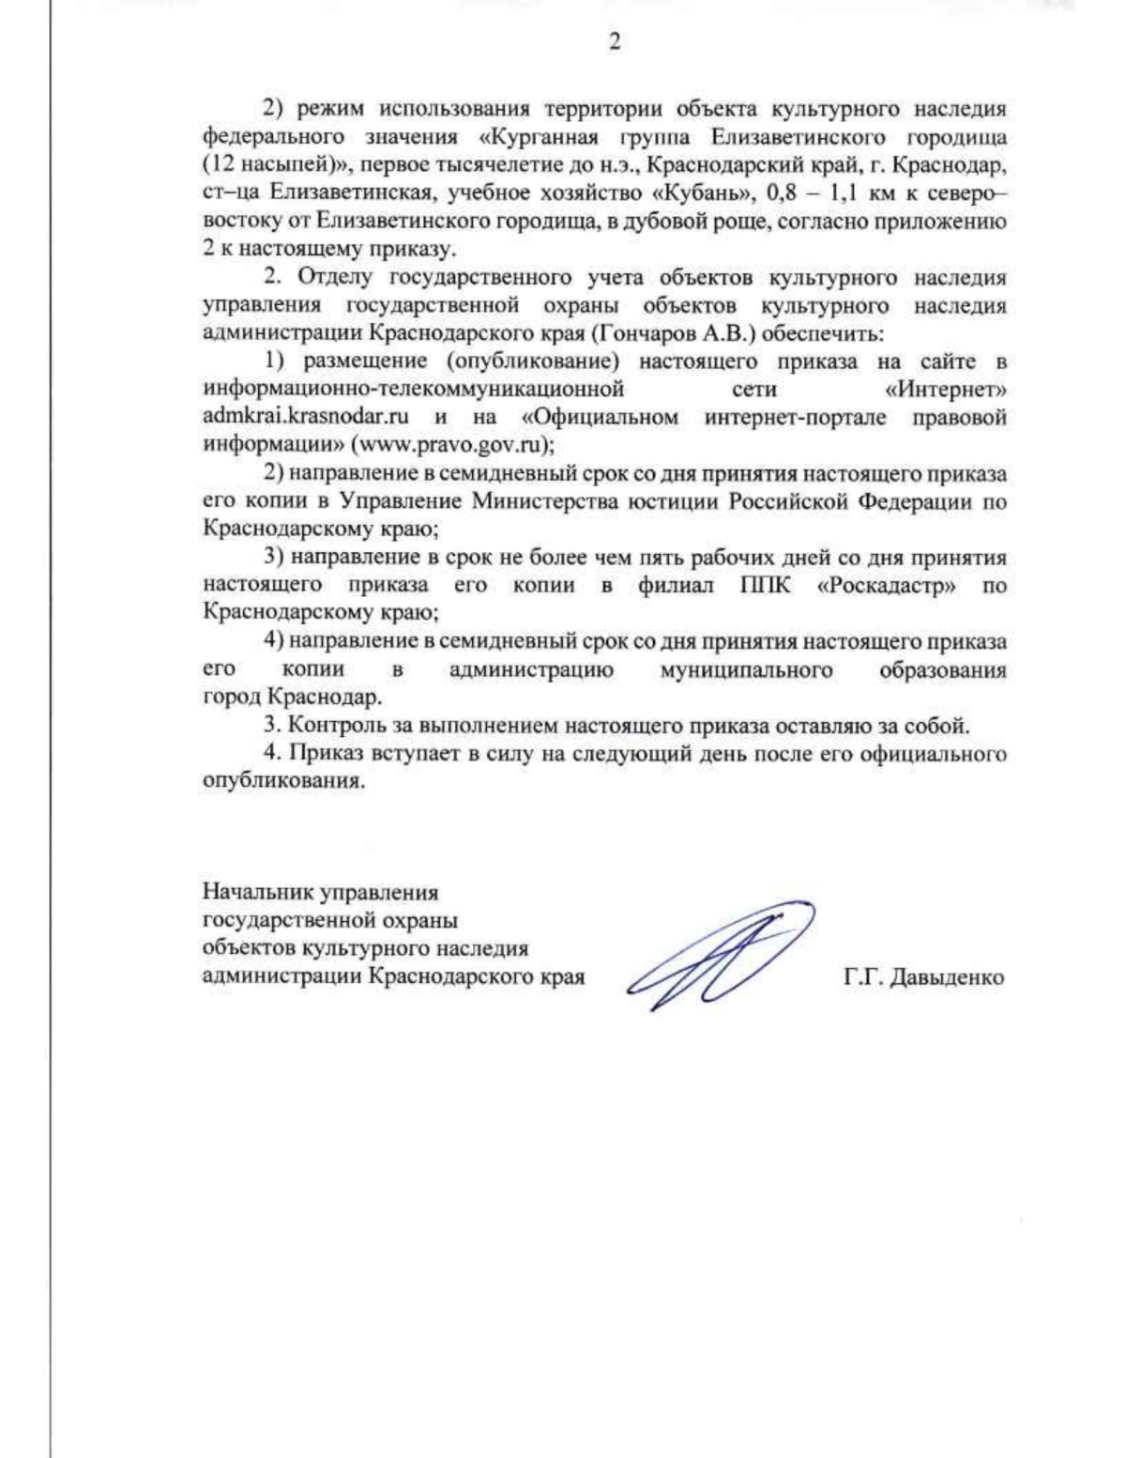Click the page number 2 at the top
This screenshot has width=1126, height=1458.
coord(615,42)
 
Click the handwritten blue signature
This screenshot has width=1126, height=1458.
coord(718,953)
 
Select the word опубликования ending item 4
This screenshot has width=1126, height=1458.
coord(282,782)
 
